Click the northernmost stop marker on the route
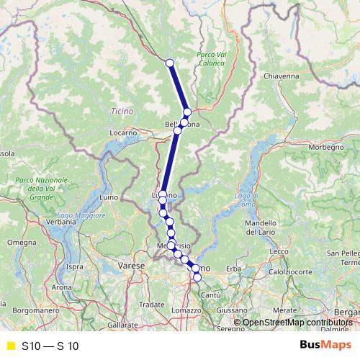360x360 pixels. (x=170, y=63)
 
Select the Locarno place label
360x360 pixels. (x=123, y=133)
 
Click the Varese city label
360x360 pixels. (x=133, y=266)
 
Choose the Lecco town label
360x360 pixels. (x=279, y=251)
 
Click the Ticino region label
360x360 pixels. (x=122, y=111)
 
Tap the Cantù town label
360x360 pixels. (x=211, y=296)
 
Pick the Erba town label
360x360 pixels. (x=233, y=269)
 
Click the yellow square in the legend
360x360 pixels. (x=10, y=346)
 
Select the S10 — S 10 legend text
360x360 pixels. (x=50, y=346)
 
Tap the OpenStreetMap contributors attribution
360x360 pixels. (x=296, y=323)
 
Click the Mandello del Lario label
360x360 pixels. (x=266, y=228)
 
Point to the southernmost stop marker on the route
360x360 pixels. (x=197, y=277)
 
